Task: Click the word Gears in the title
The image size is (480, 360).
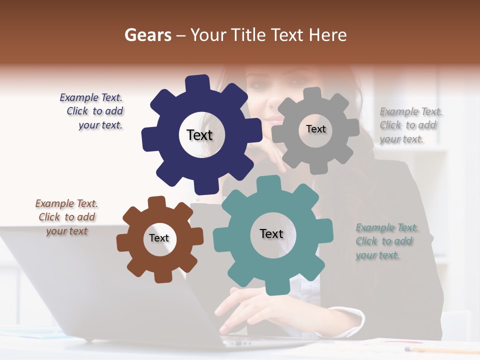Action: click(147, 35)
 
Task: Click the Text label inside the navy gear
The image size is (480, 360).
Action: click(199, 135)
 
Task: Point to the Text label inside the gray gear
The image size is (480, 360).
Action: click(315, 129)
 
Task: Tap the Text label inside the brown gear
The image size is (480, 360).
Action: click(159, 238)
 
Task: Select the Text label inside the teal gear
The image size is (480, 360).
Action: click(271, 233)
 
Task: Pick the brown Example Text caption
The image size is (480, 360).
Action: click(66, 217)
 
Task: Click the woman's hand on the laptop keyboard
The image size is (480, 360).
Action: click(245, 307)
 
